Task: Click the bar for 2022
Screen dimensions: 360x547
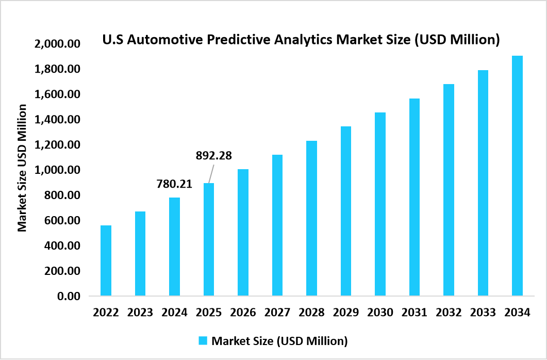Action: coord(106,260)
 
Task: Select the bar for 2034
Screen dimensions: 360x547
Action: coord(517,175)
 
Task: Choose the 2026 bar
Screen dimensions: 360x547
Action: coord(243,232)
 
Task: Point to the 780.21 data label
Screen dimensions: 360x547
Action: coord(174,184)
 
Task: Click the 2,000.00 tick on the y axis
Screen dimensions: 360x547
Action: coord(58,44)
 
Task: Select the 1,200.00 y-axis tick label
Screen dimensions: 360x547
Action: coord(58,145)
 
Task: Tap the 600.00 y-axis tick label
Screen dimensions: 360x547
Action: coord(61,221)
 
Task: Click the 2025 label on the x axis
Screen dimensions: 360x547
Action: coord(209,313)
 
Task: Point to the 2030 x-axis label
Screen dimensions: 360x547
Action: coord(380,313)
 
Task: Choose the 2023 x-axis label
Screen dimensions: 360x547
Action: coord(140,313)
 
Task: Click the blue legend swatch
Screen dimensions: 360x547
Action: coord(203,340)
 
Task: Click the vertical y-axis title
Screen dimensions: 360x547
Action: coord(22,168)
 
